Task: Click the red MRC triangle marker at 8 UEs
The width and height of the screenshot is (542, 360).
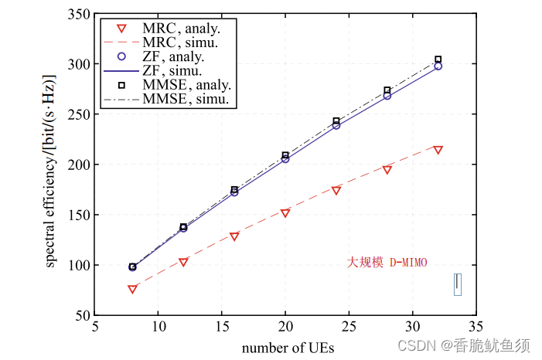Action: [132, 289]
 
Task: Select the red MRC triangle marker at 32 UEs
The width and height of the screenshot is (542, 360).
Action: [438, 150]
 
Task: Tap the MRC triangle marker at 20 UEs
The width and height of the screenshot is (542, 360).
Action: [285, 212]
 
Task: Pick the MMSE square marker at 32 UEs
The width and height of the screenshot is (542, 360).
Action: [438, 59]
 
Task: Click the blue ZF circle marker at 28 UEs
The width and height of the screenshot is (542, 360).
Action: [387, 96]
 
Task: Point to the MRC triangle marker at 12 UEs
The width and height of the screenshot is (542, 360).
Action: [183, 262]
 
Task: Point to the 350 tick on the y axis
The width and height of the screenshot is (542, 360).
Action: [78, 14]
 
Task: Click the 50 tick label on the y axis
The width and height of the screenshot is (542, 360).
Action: [81, 315]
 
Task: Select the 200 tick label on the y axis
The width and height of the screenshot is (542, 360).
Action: [78, 165]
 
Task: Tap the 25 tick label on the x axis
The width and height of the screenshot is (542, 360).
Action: [349, 328]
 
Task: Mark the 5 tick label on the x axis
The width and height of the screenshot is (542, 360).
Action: [94, 328]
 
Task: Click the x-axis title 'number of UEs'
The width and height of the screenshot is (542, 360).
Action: [288, 348]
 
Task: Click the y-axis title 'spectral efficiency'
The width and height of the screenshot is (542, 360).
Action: [50, 172]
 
